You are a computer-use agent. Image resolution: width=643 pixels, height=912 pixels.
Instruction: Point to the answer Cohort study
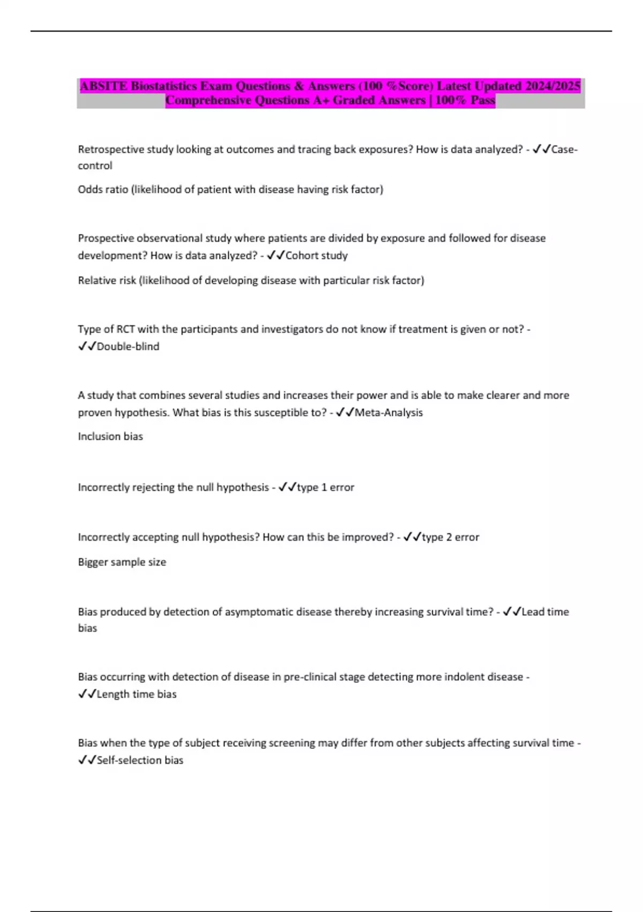316,255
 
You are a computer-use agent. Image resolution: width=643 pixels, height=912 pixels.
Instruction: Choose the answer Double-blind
128,347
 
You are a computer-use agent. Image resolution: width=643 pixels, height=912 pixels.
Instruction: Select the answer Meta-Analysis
388,413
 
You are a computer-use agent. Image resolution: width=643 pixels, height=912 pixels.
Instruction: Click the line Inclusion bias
110,437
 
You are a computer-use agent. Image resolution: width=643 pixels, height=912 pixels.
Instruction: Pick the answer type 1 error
325,488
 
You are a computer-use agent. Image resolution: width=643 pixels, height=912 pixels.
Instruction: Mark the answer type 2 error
450,537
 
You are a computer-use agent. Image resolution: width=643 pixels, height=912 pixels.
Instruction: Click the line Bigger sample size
122,562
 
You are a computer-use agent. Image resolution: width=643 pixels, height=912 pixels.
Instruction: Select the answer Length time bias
136,694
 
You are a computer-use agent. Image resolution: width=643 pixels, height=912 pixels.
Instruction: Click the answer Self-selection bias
139,760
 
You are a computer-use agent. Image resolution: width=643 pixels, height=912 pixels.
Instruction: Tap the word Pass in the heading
482,100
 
